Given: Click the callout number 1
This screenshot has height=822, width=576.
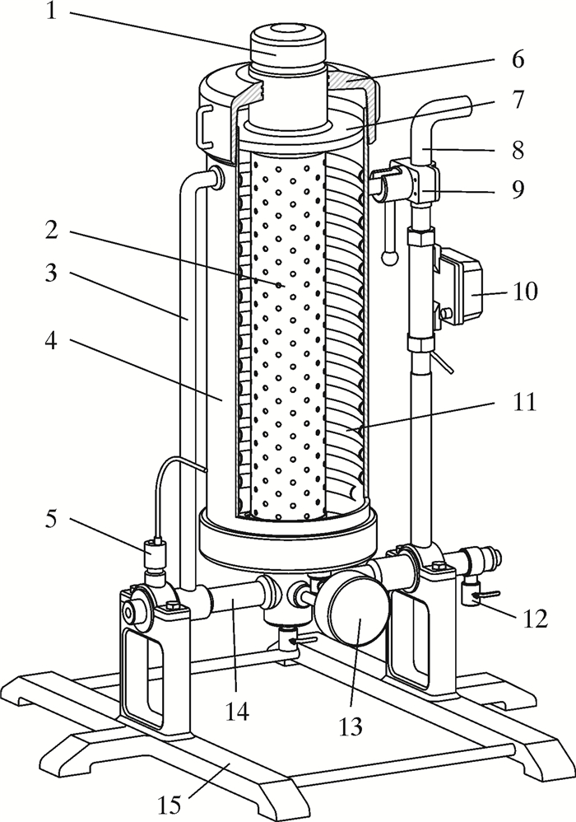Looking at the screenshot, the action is [51, 11].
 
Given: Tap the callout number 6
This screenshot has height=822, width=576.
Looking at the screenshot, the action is [518, 60].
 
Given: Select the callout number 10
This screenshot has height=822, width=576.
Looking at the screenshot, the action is [525, 291].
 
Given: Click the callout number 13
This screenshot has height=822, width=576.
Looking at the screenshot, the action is [351, 726].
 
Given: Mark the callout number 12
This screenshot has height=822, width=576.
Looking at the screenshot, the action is [535, 619].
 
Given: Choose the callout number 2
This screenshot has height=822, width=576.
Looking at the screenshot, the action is [51, 230].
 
